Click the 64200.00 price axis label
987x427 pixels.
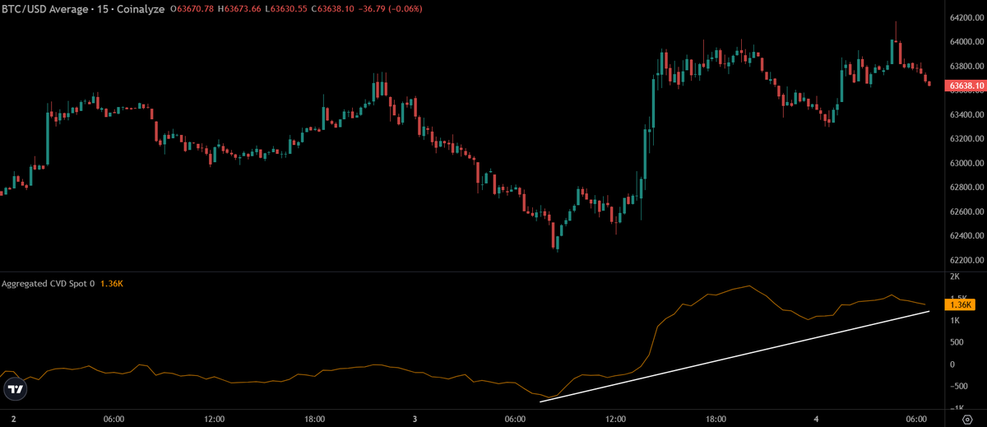966,17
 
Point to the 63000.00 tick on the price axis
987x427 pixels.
966,163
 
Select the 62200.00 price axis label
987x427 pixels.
966,260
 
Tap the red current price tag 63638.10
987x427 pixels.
966,86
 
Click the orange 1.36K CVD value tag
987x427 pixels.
960,304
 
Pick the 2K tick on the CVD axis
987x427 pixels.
955,276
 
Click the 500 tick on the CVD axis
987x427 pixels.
957,342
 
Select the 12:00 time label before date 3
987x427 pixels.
214,419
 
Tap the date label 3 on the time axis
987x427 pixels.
415,419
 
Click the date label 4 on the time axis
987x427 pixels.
816,419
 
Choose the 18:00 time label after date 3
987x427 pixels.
716,419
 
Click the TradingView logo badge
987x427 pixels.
16,389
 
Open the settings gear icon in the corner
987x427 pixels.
967,420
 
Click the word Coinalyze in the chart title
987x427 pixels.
141,9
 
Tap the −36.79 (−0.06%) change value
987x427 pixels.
390,9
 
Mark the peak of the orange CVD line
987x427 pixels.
749,286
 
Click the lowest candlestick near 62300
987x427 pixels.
558,243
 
